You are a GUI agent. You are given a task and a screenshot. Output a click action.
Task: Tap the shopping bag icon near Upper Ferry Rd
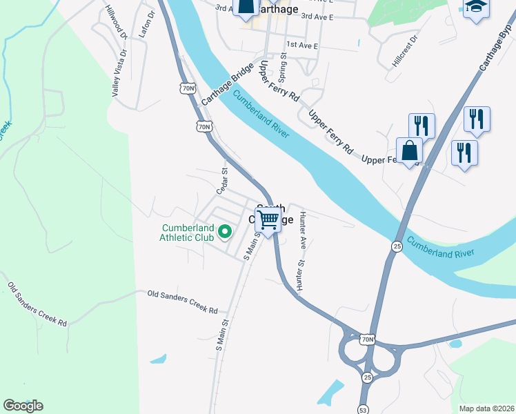coord(410,150)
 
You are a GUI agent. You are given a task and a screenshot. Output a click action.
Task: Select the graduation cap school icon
coord(475,7)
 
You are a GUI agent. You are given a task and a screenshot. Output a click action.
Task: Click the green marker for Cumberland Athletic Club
coord(224,233)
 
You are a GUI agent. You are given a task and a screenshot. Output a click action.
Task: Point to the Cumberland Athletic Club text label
coord(187,233)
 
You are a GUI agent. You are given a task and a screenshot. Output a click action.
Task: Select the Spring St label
coord(282,66)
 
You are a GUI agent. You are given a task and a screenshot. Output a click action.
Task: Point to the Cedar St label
coord(223,181)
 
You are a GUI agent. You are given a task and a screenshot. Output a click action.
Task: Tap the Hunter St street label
coord(300,276)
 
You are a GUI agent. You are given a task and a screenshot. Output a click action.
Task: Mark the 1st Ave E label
coord(302,46)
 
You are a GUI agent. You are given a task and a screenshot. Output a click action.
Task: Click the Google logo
coord(23,406)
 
